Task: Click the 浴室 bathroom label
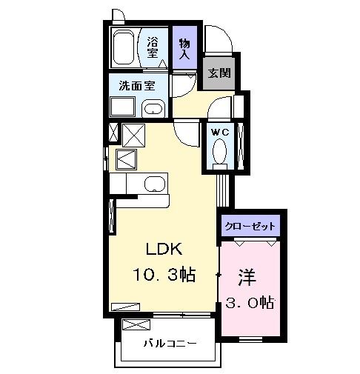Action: point(152,47)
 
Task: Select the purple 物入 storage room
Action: point(184,48)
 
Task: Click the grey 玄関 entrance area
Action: point(219,73)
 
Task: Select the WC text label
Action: point(220,131)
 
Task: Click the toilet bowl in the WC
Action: point(220,152)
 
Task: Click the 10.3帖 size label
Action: point(164,276)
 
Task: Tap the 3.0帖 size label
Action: point(250,302)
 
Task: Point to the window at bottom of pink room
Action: point(252,338)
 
